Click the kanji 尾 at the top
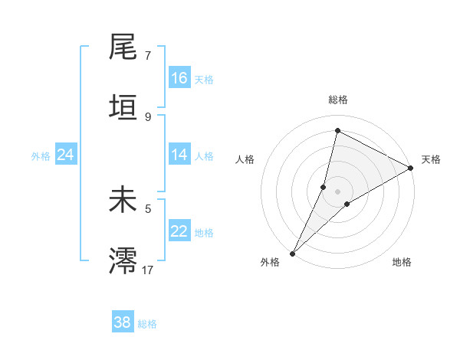123,47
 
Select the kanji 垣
123,107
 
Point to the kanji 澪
123,260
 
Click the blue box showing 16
179,78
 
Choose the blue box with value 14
179,155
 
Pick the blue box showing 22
179,231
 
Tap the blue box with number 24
66,155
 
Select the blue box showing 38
123,322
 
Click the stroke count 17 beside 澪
148,269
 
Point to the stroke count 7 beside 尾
148,56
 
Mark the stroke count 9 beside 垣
148,116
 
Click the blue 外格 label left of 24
41,155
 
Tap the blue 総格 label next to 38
147,324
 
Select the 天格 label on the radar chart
431,159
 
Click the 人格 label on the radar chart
245,159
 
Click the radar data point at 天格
411,168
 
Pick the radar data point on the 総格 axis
337,130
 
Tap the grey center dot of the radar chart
338,191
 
